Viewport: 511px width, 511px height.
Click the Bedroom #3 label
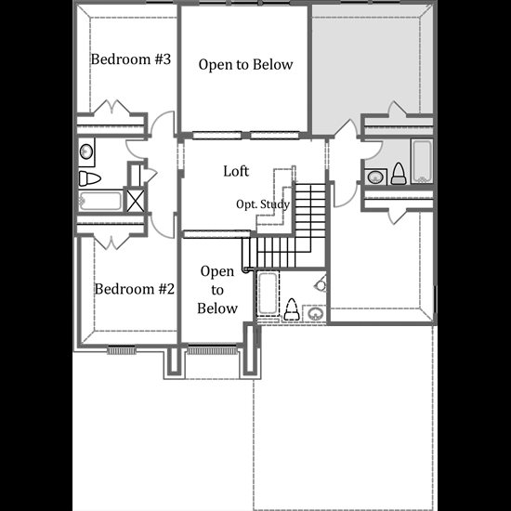131,59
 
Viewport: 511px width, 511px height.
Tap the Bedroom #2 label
135,289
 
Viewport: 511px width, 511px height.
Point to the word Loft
236,171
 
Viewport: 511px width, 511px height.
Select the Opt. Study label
263,204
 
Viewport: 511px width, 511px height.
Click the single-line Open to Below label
245,64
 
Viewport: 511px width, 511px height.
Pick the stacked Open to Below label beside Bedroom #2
217,290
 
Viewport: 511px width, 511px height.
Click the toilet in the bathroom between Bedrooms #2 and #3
89,178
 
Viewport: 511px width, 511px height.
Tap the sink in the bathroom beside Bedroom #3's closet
86,151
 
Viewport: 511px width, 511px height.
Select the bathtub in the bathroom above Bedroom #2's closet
100,201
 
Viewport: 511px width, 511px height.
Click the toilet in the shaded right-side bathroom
398,174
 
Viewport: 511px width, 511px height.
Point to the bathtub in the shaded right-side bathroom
422,161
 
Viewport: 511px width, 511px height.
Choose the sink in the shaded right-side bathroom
374,177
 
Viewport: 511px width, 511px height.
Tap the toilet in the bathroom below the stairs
292,309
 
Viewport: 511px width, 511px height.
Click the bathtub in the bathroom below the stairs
268,294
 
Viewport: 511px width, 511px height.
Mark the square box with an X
135,201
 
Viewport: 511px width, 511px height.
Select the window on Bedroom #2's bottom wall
122,350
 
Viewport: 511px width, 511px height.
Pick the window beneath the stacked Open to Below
212,350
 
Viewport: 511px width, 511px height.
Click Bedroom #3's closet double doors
112,107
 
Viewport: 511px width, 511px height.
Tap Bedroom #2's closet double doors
111,242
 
